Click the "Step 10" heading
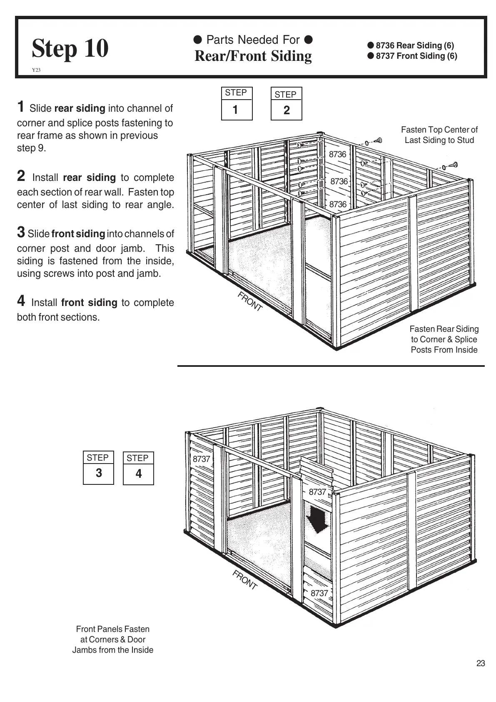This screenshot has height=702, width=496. [70, 48]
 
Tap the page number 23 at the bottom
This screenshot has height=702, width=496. [481, 663]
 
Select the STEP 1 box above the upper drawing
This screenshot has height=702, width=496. [237, 104]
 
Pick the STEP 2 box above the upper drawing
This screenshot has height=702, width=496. [286, 104]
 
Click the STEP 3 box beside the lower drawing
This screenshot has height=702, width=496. [98, 468]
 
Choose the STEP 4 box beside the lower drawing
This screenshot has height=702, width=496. [138, 468]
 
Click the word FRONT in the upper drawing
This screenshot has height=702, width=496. [250, 301]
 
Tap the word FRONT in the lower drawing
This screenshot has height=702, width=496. [244, 580]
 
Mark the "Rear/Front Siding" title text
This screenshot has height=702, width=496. [253, 56]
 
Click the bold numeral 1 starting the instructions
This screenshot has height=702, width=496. [21, 107]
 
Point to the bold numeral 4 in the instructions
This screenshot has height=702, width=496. [21, 301]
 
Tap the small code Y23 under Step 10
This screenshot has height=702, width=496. [36, 70]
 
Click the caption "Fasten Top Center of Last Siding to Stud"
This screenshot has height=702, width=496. [439, 135]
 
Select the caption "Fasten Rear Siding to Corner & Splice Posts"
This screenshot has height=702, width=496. [444, 339]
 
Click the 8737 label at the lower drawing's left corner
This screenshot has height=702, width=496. [201, 459]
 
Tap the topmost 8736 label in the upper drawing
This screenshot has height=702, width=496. [337, 154]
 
